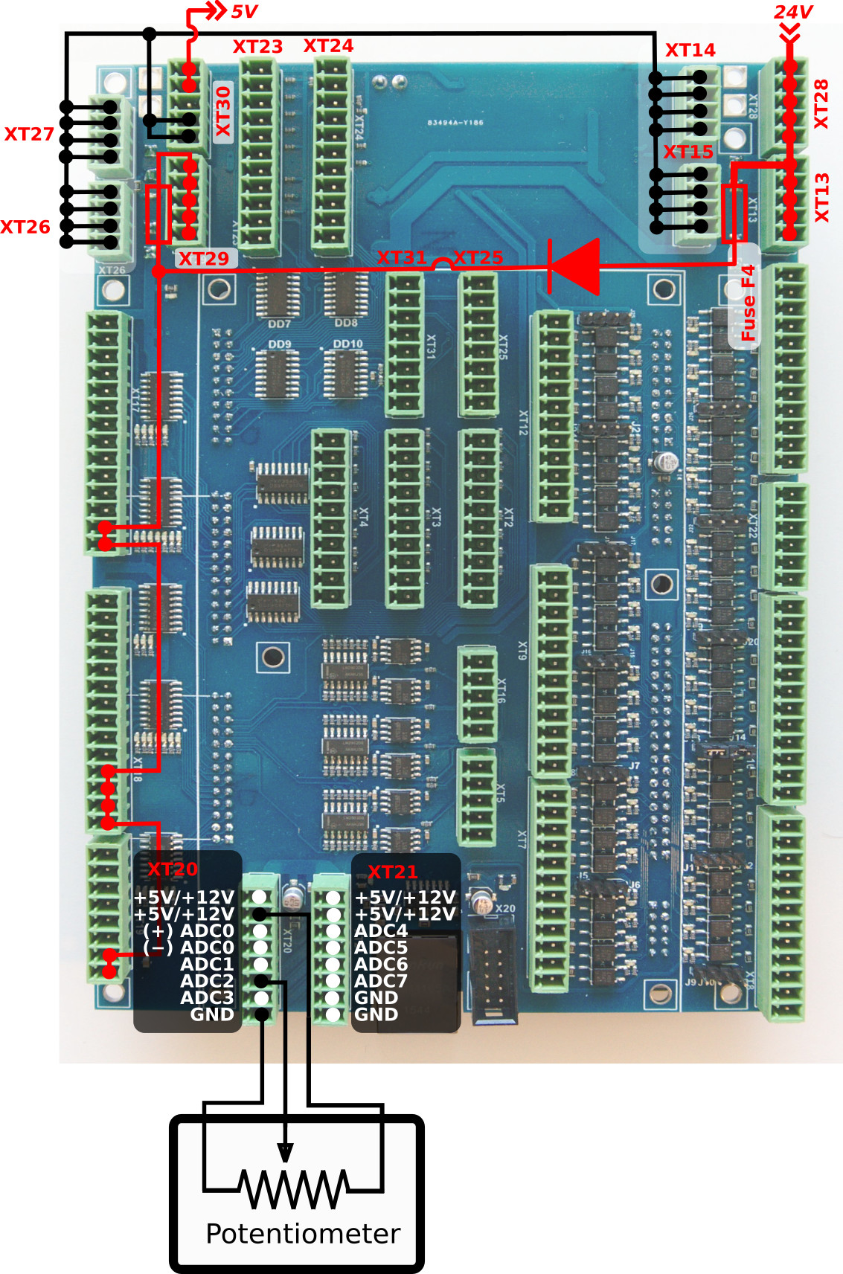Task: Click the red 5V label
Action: [x=243, y=12]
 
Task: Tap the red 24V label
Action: [x=792, y=12]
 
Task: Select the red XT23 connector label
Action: [x=257, y=47]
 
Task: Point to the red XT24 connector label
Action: [x=328, y=46]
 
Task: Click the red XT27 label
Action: [x=29, y=134]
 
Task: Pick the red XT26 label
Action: [x=25, y=227]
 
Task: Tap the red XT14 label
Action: [x=690, y=50]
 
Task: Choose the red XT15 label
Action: [x=688, y=152]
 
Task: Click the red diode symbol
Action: [x=575, y=266]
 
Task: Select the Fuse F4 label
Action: [x=747, y=303]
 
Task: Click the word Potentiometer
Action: [x=303, y=1234]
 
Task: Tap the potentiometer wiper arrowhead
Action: [x=284, y=1152]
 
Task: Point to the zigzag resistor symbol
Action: [x=294, y=1188]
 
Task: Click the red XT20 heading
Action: [x=173, y=869]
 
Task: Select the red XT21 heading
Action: [x=393, y=872]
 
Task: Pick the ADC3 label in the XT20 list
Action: [x=207, y=997]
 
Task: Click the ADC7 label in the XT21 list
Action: [x=381, y=981]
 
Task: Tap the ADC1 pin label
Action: [x=207, y=964]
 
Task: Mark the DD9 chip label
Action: [x=280, y=344]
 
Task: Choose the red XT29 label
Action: [x=204, y=259]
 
